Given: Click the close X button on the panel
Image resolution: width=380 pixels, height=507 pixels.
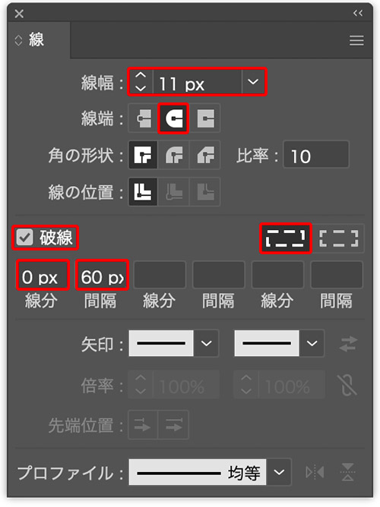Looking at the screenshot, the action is [19, 14].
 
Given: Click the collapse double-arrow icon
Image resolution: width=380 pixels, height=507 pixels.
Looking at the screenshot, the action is [358, 13].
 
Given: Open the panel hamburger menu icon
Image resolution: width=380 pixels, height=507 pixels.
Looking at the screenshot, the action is [356, 41].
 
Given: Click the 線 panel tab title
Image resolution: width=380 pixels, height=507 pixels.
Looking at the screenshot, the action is [36, 39].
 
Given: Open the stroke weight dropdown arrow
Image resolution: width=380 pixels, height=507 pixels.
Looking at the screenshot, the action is [253, 82].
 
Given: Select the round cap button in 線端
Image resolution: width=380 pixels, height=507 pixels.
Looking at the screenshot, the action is [174, 118].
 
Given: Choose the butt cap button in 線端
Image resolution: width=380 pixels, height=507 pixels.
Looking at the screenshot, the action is [144, 118].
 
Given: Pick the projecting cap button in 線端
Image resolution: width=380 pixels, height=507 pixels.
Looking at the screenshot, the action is [205, 118].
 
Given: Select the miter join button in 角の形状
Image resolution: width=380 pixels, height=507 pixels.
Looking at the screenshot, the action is [143, 155].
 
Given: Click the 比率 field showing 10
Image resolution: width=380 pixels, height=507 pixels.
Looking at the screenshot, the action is [316, 155].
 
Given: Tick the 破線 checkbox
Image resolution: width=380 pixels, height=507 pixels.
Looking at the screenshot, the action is [25, 238].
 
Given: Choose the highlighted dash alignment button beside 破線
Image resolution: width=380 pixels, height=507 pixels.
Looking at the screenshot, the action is [286, 238].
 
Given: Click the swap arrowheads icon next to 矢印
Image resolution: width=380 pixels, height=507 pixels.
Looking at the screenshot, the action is [348, 344].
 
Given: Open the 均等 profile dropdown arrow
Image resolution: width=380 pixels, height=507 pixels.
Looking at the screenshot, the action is [279, 472].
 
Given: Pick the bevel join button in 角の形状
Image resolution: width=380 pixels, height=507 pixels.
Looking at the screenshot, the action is [205, 155].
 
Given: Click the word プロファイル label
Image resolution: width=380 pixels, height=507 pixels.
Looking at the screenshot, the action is [65, 473].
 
